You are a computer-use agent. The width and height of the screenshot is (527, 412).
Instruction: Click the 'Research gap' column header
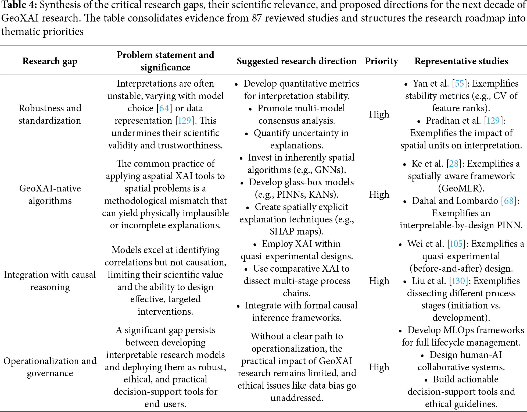pyautogui.click(x=50, y=61)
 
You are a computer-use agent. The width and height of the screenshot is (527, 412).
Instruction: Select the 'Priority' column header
pyautogui.click(x=381, y=61)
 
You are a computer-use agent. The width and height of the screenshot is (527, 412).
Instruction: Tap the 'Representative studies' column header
pyautogui.click(x=461, y=61)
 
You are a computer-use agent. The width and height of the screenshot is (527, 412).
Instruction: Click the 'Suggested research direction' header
pyautogui.click(x=297, y=61)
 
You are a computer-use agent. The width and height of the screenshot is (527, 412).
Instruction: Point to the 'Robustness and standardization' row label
pyautogui.click(x=50, y=114)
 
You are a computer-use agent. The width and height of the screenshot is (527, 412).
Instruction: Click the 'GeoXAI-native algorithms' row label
pyautogui.click(x=50, y=194)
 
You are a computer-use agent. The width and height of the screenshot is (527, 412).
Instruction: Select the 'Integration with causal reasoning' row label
pyautogui.click(x=50, y=281)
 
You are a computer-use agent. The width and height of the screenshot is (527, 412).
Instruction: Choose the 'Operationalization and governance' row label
pyautogui.click(x=50, y=367)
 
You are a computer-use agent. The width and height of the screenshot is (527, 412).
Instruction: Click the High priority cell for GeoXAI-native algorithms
pyautogui.click(x=379, y=194)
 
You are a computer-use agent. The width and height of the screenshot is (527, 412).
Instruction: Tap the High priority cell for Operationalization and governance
pyautogui.click(x=379, y=367)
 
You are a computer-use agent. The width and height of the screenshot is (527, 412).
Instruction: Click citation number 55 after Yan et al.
pyautogui.click(x=460, y=84)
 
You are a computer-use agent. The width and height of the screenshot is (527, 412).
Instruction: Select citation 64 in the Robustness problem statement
pyautogui.click(x=164, y=108)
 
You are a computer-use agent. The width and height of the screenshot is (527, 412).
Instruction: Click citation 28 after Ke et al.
pyautogui.click(x=454, y=164)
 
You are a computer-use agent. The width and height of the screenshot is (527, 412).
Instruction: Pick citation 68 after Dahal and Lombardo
pyautogui.click(x=509, y=201)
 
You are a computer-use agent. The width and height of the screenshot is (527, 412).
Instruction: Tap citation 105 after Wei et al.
pyautogui.click(x=456, y=244)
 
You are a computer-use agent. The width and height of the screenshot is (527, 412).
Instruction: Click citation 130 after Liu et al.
pyautogui.click(x=458, y=281)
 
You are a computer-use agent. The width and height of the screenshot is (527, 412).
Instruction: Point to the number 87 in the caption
pyautogui.click(x=257, y=18)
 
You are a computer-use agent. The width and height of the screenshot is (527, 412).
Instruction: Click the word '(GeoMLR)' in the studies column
pyautogui.click(x=461, y=189)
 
